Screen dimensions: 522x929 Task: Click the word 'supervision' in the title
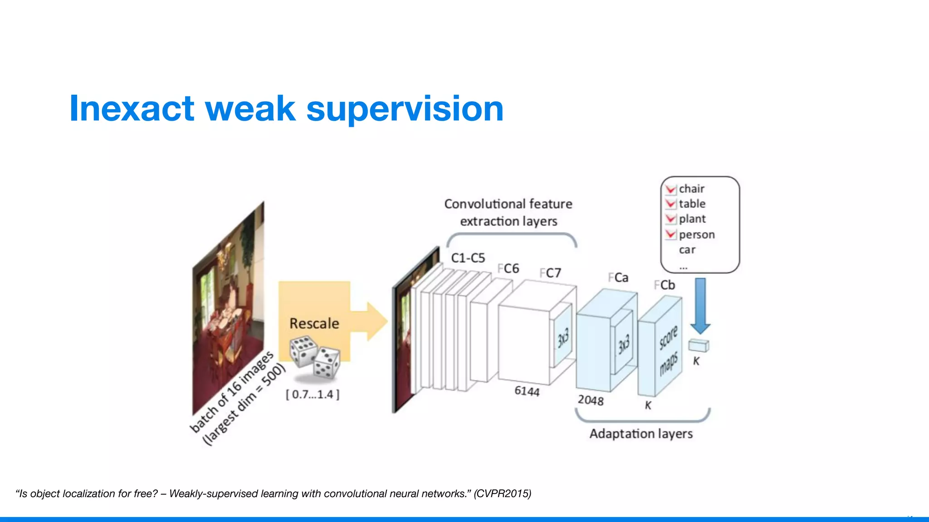pyautogui.click(x=405, y=109)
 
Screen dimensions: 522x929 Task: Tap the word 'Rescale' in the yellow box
pyautogui.click(x=314, y=324)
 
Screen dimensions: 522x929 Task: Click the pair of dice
pyautogui.click(x=315, y=357)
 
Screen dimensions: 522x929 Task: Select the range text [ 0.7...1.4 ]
pyautogui.click(x=313, y=394)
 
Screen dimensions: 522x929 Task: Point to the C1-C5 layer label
pyautogui.click(x=468, y=258)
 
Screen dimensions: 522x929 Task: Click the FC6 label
pyautogui.click(x=509, y=269)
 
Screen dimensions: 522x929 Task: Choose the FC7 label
pyautogui.click(x=550, y=273)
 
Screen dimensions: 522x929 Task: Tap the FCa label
pyautogui.click(x=618, y=278)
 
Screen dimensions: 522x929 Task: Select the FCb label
pyautogui.click(x=665, y=285)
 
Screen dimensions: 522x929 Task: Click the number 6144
pyautogui.click(x=527, y=391)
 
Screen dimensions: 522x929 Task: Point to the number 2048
pyautogui.click(x=590, y=400)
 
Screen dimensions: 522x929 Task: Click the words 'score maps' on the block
pyautogui.click(x=669, y=350)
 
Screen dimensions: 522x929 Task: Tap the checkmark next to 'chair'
pyautogui.click(x=670, y=189)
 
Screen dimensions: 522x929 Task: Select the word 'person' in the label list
pyautogui.click(x=697, y=235)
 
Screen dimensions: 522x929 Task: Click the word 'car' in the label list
pyautogui.click(x=687, y=250)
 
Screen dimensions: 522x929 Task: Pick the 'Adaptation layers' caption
pyautogui.click(x=641, y=434)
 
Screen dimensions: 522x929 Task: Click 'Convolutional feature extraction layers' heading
pyautogui.click(x=508, y=213)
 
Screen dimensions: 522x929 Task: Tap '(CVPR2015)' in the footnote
pyautogui.click(x=502, y=493)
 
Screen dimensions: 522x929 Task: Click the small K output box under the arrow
pyautogui.click(x=698, y=346)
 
